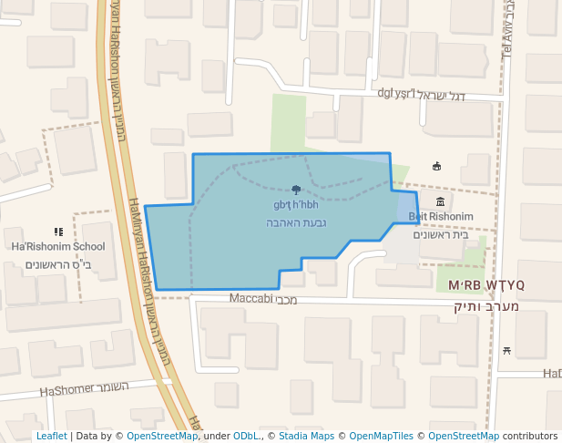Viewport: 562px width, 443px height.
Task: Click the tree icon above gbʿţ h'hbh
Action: pyautogui.click(x=296, y=190)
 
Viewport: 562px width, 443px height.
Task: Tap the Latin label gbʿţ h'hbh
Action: pyautogui.click(x=295, y=205)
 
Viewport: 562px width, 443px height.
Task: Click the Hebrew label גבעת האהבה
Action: pyautogui.click(x=296, y=223)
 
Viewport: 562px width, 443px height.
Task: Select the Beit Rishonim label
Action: pyautogui.click(x=441, y=217)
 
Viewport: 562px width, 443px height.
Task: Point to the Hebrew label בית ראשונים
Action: pyautogui.click(x=441, y=234)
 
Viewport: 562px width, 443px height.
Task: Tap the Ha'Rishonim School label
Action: pyautogui.click(x=58, y=247)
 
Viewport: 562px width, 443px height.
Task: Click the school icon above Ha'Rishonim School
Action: pyautogui.click(x=59, y=232)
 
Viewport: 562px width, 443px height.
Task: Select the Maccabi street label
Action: pyautogui.click(x=261, y=299)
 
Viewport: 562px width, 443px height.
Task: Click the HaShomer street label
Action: pyautogui.click(x=84, y=389)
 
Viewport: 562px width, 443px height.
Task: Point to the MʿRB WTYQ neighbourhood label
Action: pyautogui.click(x=486, y=285)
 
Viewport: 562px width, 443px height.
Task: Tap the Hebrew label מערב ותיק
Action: pyautogui.click(x=486, y=306)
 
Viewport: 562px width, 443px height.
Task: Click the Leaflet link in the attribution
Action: pyautogui.click(x=51, y=436)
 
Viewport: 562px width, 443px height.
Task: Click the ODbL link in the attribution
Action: pyautogui.click(x=246, y=436)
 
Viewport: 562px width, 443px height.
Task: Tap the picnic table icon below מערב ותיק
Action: pyautogui.click(x=506, y=351)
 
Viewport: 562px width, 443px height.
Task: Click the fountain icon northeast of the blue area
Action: pyautogui.click(x=436, y=166)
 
